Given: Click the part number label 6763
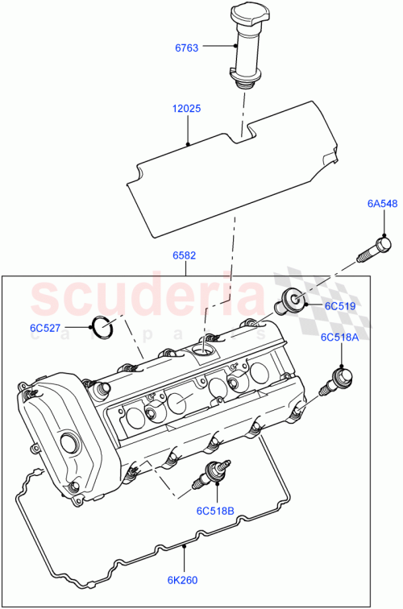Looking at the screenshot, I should (x=188, y=48).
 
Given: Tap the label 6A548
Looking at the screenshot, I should (x=383, y=204).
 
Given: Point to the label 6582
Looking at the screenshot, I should (x=184, y=255).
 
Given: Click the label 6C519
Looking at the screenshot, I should (x=341, y=306).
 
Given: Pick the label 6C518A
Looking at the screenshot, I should (x=339, y=338).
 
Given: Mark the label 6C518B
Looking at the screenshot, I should (x=214, y=511).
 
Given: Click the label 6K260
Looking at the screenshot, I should (x=184, y=578).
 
